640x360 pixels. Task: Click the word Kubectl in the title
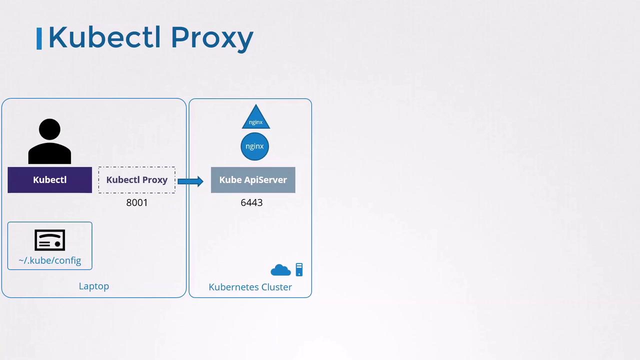[x=104, y=37]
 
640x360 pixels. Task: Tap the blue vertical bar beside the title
[x=39, y=38]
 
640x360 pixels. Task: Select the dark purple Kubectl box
[x=49, y=180]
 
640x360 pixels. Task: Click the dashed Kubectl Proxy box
[x=137, y=180]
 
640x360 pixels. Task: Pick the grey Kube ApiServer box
[x=253, y=180]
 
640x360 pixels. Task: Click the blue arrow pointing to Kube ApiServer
[x=190, y=181]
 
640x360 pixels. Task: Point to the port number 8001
[x=137, y=202]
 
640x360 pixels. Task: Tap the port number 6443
[x=251, y=202]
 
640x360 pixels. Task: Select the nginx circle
[x=254, y=146]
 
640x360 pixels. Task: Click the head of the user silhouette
[x=49, y=129]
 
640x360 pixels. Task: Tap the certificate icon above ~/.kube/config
[x=49, y=240]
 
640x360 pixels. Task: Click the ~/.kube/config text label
[x=49, y=260]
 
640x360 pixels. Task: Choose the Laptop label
[x=94, y=286]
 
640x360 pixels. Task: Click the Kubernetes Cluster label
[x=250, y=287]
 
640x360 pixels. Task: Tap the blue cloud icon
[x=280, y=270]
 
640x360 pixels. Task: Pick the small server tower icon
[x=299, y=269]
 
